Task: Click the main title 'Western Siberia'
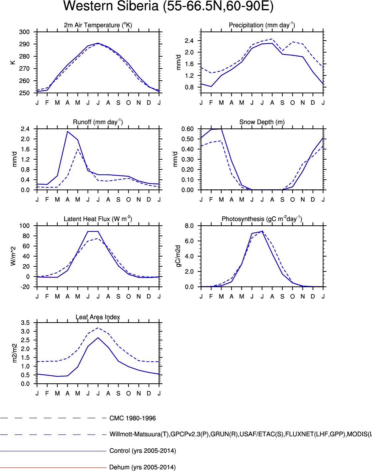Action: (x=168, y=6)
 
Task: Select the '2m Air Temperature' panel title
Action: (x=98, y=25)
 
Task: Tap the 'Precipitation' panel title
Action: (x=262, y=25)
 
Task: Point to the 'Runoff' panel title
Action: (x=98, y=122)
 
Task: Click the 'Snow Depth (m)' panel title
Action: (x=262, y=122)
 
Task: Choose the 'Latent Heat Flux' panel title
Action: (x=98, y=219)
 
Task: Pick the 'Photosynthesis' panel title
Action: (x=262, y=219)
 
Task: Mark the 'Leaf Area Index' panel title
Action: (x=98, y=317)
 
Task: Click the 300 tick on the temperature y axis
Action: (x=24, y=32)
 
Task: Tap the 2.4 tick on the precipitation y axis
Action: (x=189, y=41)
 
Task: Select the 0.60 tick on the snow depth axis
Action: (x=187, y=129)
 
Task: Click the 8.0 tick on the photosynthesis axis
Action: (x=189, y=226)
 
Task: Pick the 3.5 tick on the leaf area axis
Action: (x=25, y=323)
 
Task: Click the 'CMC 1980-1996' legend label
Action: (x=133, y=418)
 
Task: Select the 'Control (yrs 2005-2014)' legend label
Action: (x=143, y=451)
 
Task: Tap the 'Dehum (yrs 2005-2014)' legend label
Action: (x=142, y=467)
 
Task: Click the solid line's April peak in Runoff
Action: (x=68, y=131)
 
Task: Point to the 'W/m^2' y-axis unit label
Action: (x=13, y=256)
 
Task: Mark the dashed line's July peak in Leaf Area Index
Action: (x=98, y=328)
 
